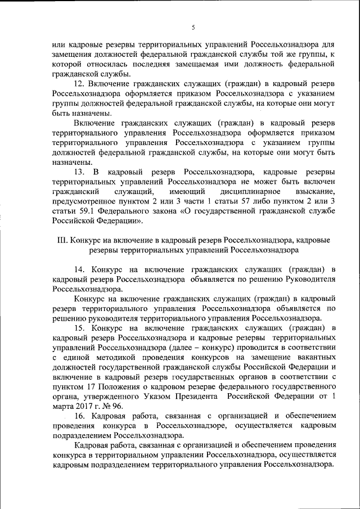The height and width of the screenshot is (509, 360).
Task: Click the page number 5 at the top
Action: tap(192, 27)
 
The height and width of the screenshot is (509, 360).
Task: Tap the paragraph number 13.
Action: tap(79, 172)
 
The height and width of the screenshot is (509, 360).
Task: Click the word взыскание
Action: tap(317, 191)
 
